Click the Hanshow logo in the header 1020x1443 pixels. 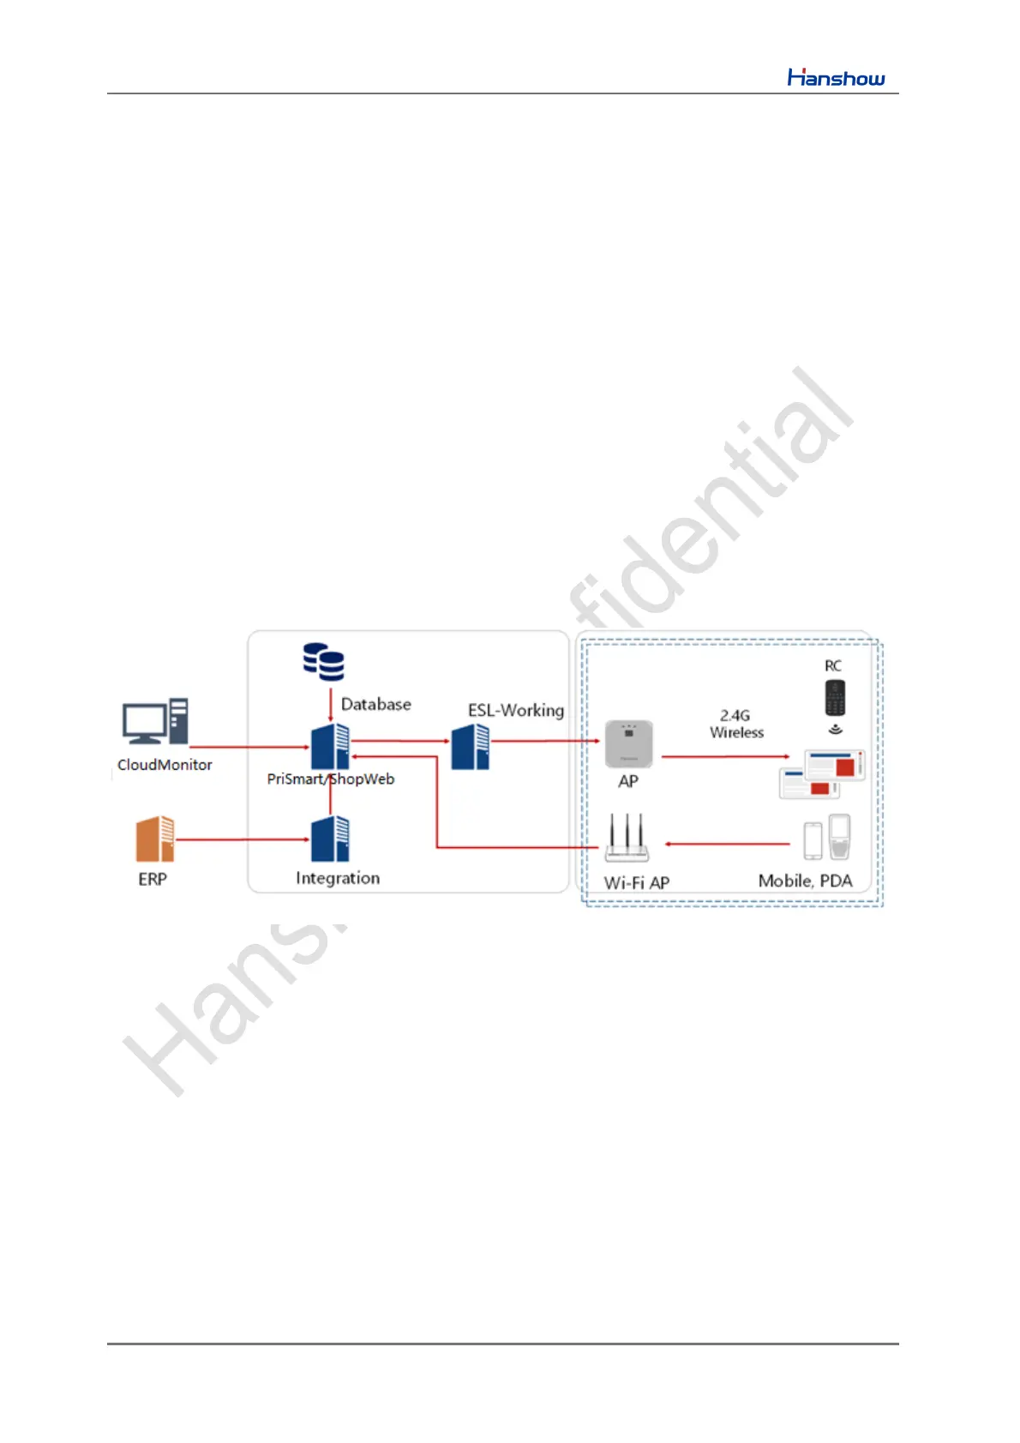coord(836,78)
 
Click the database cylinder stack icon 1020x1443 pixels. coord(324,662)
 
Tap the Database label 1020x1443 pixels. coord(375,705)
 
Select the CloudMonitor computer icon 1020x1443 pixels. coord(155,722)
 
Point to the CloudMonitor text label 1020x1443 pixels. coord(165,765)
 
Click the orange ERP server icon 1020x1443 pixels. coord(155,839)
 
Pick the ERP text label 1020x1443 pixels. coord(153,879)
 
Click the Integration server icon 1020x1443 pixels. coord(330,839)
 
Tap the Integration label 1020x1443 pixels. coord(338,878)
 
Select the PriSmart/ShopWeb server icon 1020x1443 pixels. coord(330,746)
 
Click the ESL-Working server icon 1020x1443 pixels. coord(471,747)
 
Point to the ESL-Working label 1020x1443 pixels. coord(516,711)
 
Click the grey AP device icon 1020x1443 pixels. coord(629,744)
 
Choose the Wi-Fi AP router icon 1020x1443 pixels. coord(627,839)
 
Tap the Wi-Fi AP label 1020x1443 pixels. coord(637,882)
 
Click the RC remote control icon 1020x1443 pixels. coord(835,698)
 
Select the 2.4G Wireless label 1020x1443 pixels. coord(736,724)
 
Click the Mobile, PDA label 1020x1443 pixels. coord(805,881)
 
